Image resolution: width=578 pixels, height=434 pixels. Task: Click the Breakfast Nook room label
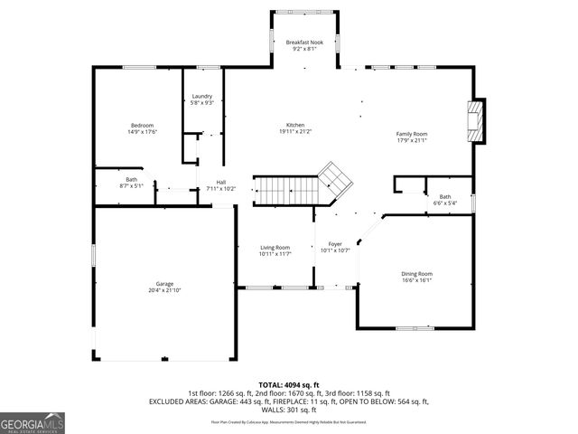pyautogui.click(x=303, y=42)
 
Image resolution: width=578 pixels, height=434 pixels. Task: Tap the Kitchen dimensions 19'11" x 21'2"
pyautogui.click(x=295, y=132)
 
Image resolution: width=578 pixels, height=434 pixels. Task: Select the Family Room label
pyautogui.click(x=411, y=133)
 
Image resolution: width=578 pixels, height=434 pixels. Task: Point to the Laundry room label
pyautogui.click(x=201, y=96)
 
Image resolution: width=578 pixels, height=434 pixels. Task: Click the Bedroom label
pyautogui.click(x=142, y=125)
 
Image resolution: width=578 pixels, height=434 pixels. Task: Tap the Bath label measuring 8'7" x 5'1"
pyautogui.click(x=132, y=179)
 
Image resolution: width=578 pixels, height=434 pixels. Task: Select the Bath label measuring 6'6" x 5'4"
pyautogui.click(x=444, y=196)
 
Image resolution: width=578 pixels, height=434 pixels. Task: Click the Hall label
pyautogui.click(x=220, y=182)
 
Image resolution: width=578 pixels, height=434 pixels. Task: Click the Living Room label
pyautogui.click(x=275, y=247)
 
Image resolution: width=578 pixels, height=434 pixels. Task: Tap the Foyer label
pyautogui.click(x=334, y=244)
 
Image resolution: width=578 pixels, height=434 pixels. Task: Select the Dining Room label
pyautogui.click(x=417, y=273)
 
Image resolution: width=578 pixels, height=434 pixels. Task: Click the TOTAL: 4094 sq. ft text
pyautogui.click(x=289, y=385)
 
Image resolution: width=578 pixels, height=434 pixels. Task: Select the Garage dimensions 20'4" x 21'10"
pyautogui.click(x=164, y=290)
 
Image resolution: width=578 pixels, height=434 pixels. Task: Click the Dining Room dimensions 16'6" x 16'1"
pyautogui.click(x=417, y=280)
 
